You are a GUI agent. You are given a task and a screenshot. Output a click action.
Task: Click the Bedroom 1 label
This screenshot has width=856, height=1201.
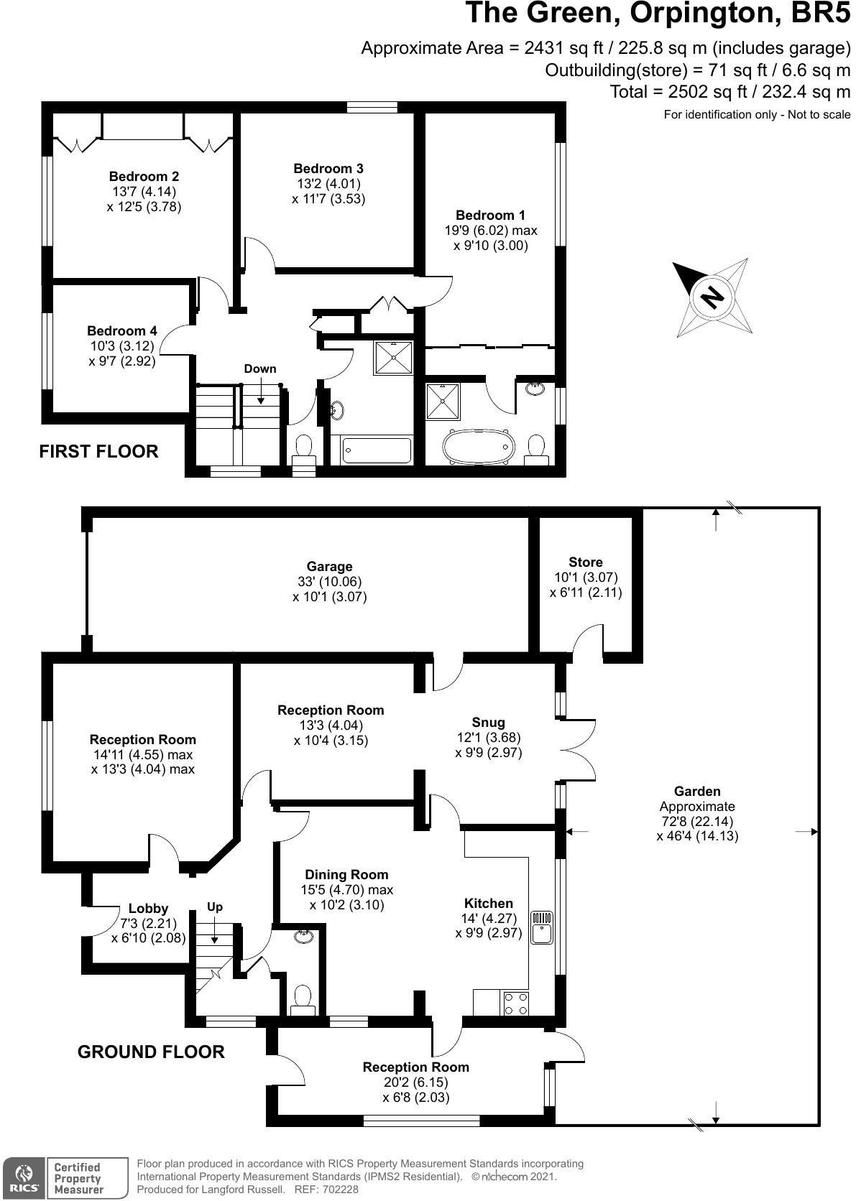(x=490, y=215)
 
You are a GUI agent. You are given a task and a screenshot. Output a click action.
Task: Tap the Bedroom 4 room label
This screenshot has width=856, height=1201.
(x=121, y=330)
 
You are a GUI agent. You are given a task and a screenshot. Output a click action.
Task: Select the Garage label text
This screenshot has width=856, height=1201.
(x=329, y=566)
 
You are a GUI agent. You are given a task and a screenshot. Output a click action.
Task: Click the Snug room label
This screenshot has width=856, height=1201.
(x=488, y=722)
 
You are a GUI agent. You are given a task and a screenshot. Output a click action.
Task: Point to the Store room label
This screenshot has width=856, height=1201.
(x=585, y=562)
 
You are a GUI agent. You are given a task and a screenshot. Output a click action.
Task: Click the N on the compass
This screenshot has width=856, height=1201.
(x=712, y=297)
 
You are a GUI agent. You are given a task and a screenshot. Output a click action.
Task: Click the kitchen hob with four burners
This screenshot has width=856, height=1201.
(x=515, y=1003)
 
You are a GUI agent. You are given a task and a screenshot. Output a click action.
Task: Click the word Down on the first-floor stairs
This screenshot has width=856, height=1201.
(x=259, y=368)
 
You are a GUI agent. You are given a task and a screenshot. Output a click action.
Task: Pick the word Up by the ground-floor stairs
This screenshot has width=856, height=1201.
(x=215, y=906)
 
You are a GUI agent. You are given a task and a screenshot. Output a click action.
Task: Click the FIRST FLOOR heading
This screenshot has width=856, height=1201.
(x=98, y=451)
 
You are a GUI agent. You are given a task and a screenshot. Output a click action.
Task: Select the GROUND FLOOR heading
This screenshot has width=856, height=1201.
(x=151, y=1052)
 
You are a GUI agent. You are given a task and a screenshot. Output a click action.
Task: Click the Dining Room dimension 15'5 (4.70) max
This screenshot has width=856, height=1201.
(x=347, y=890)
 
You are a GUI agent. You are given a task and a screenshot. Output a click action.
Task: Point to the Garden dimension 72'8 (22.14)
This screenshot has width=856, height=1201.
(x=697, y=821)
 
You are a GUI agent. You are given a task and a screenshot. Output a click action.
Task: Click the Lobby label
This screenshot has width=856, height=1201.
(x=148, y=908)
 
